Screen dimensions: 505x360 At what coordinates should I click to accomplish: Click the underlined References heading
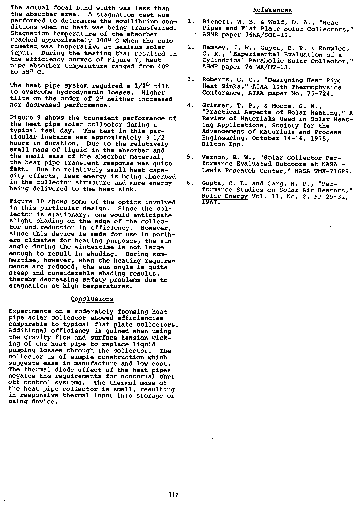click(x=272, y=10)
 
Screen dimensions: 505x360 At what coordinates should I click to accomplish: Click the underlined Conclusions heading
click(x=92, y=299)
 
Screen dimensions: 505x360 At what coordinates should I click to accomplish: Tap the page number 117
click(x=173, y=495)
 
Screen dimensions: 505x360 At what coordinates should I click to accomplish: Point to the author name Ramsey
click(x=212, y=47)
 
